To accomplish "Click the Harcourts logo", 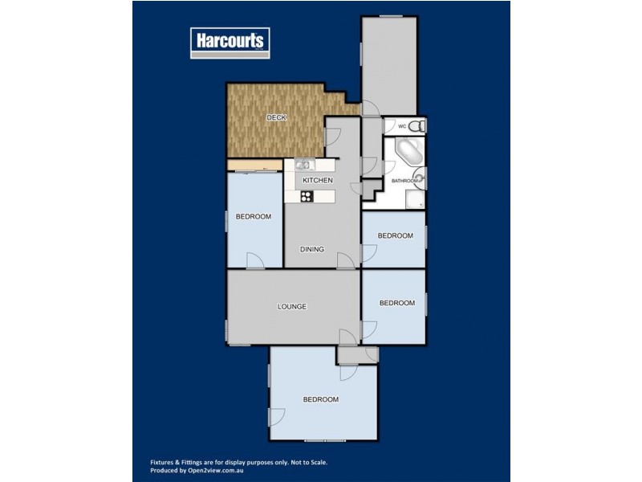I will click(x=230, y=42).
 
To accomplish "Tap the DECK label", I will click(x=277, y=118).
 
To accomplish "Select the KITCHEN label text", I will click(x=318, y=180).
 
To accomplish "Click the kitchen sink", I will click(x=303, y=165).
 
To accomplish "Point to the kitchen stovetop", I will click(x=306, y=195).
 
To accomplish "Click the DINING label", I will click(x=312, y=249).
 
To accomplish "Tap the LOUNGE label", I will click(x=292, y=306).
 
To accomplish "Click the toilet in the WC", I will click(x=414, y=126).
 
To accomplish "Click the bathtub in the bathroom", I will click(x=403, y=152).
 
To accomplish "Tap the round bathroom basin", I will click(x=419, y=178).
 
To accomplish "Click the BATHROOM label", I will click(x=404, y=182).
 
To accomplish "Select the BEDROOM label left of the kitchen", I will click(x=253, y=217).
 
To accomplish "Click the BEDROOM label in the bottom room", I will click(x=320, y=399).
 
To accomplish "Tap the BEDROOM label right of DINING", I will click(x=395, y=235).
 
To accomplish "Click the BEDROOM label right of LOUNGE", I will click(x=396, y=303).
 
